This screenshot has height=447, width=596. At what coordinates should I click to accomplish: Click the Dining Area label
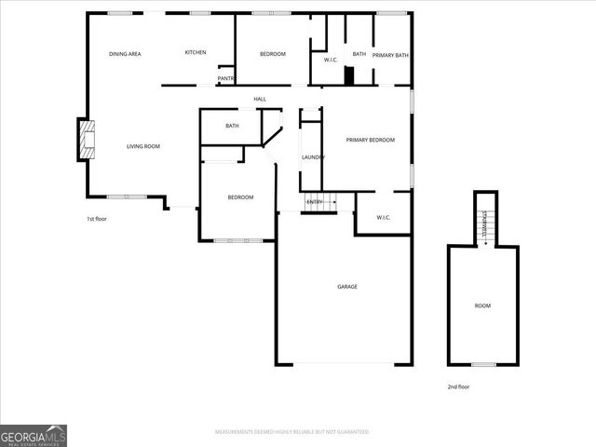click(125, 54)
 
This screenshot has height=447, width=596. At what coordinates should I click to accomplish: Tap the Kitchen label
click(196, 52)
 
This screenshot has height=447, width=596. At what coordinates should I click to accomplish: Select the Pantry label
click(226, 78)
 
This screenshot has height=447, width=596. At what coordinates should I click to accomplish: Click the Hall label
click(260, 99)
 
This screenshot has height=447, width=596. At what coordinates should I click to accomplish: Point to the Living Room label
click(143, 146)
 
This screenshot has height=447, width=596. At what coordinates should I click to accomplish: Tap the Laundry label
click(313, 157)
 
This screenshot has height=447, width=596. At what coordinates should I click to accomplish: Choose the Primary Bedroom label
click(371, 140)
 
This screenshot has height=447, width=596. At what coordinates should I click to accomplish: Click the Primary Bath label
click(390, 55)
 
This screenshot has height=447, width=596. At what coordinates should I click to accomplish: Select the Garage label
click(347, 286)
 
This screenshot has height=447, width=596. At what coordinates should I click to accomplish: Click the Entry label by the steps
click(315, 202)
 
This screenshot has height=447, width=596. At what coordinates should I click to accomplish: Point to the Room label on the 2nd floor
click(482, 305)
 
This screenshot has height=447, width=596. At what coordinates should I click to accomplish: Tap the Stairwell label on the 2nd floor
click(484, 223)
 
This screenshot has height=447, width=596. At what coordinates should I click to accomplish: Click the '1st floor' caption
click(97, 219)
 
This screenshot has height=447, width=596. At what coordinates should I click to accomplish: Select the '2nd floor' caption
click(459, 386)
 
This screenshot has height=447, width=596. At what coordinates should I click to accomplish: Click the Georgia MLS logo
click(34, 435)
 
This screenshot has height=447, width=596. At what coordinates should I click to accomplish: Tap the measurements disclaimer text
click(291, 432)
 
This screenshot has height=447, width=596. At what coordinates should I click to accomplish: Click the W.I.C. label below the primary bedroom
click(383, 218)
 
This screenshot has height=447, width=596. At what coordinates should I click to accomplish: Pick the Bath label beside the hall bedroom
click(232, 126)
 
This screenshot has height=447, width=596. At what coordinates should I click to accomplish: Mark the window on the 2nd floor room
click(482, 364)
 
